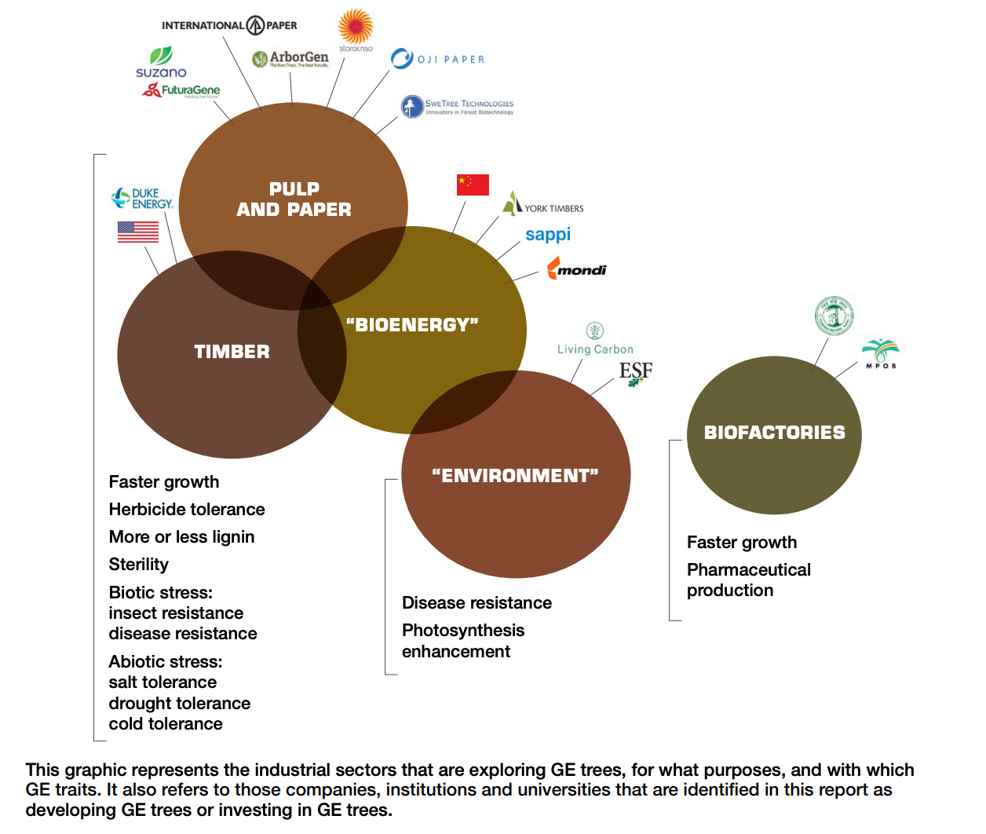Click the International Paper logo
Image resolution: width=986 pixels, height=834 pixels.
(x=229, y=25)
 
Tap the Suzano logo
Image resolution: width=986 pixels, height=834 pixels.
(x=161, y=63)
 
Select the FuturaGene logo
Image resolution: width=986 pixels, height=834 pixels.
(x=181, y=90)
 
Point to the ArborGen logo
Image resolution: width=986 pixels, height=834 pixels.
(x=290, y=59)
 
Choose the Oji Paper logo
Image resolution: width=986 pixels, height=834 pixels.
(x=437, y=59)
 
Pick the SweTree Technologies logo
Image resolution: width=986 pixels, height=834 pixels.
(x=457, y=106)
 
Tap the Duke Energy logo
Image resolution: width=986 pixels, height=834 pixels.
(x=142, y=199)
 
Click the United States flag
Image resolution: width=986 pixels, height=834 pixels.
(x=138, y=232)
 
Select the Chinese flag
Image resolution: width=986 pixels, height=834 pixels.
(x=473, y=185)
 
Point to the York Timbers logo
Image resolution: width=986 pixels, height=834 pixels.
(x=543, y=204)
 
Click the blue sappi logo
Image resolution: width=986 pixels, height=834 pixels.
(x=548, y=235)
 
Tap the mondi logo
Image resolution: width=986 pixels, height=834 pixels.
(x=577, y=269)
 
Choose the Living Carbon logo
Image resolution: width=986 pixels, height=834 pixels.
(x=595, y=340)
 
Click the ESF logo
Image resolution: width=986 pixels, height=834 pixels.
(x=635, y=372)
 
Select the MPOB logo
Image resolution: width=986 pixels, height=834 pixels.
(x=880, y=353)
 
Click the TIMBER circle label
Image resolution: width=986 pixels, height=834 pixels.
(x=232, y=352)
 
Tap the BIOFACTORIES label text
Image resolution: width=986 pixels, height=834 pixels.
(x=774, y=433)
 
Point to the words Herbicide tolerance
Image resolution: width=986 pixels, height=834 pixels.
(x=187, y=510)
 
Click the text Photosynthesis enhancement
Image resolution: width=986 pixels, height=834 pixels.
(x=463, y=641)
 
